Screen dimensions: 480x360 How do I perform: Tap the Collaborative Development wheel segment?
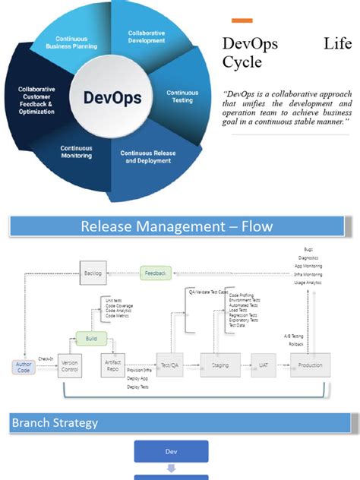pos(146,38)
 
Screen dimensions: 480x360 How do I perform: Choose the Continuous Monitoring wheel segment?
pos(77,151)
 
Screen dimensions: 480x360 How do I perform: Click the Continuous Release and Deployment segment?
pos(147,157)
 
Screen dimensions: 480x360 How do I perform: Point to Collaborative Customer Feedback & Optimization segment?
pos(37,100)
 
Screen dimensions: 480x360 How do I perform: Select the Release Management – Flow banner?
pos(176,226)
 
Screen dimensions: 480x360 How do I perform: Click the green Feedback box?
pos(156,271)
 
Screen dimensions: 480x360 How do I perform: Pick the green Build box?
pos(91,338)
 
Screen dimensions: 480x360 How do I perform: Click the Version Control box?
pos(69,365)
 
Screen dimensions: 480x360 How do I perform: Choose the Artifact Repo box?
pos(112,365)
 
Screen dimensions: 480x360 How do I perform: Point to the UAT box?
pos(263,365)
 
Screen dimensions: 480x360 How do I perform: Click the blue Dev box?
pos(171,451)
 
